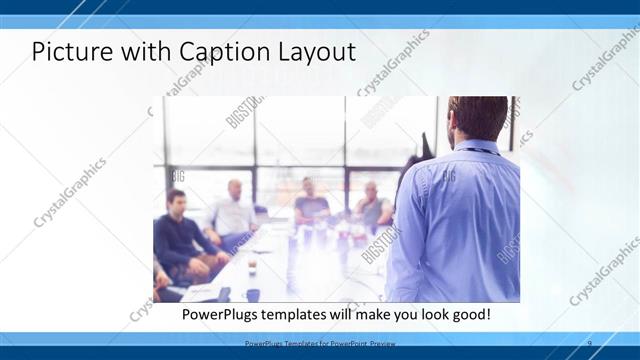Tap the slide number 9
click(x=589, y=343)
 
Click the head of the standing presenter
click(x=476, y=118)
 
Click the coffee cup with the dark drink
click(x=251, y=267)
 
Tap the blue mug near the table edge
click(x=253, y=294)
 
